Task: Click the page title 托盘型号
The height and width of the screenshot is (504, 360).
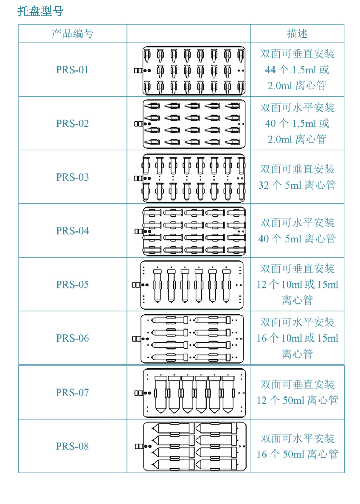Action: pos(40,11)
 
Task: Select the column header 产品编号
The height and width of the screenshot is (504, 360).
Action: pos(72,33)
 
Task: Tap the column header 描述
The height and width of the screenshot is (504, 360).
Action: pos(297,33)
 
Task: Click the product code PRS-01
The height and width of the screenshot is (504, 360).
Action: pos(72,70)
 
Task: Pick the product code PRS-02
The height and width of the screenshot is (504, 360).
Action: pos(72,123)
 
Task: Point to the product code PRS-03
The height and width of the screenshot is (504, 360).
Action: pos(72,177)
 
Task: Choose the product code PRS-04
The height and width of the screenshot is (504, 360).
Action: pos(72,231)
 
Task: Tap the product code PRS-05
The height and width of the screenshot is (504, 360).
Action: pos(72,285)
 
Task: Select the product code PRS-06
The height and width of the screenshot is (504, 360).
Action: pos(72,338)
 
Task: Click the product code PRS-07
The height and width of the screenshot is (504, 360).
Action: pos(72,392)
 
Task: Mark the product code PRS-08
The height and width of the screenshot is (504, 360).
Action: pos(72,446)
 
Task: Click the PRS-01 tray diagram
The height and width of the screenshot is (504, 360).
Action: pos(190,70)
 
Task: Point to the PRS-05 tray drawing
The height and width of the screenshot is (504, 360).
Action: pos(188,285)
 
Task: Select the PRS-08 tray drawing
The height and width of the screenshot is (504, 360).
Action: pos(191,447)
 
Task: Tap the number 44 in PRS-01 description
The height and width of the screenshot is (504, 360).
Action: pos(270,70)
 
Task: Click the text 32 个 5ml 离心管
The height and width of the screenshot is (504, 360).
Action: pos(297,185)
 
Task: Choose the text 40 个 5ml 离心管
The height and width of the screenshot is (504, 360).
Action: pos(297,238)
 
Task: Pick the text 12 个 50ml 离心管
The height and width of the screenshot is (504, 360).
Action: pos(297,400)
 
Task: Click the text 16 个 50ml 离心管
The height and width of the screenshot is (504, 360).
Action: pos(297,454)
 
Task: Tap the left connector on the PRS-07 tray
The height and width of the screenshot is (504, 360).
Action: pos(139,393)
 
